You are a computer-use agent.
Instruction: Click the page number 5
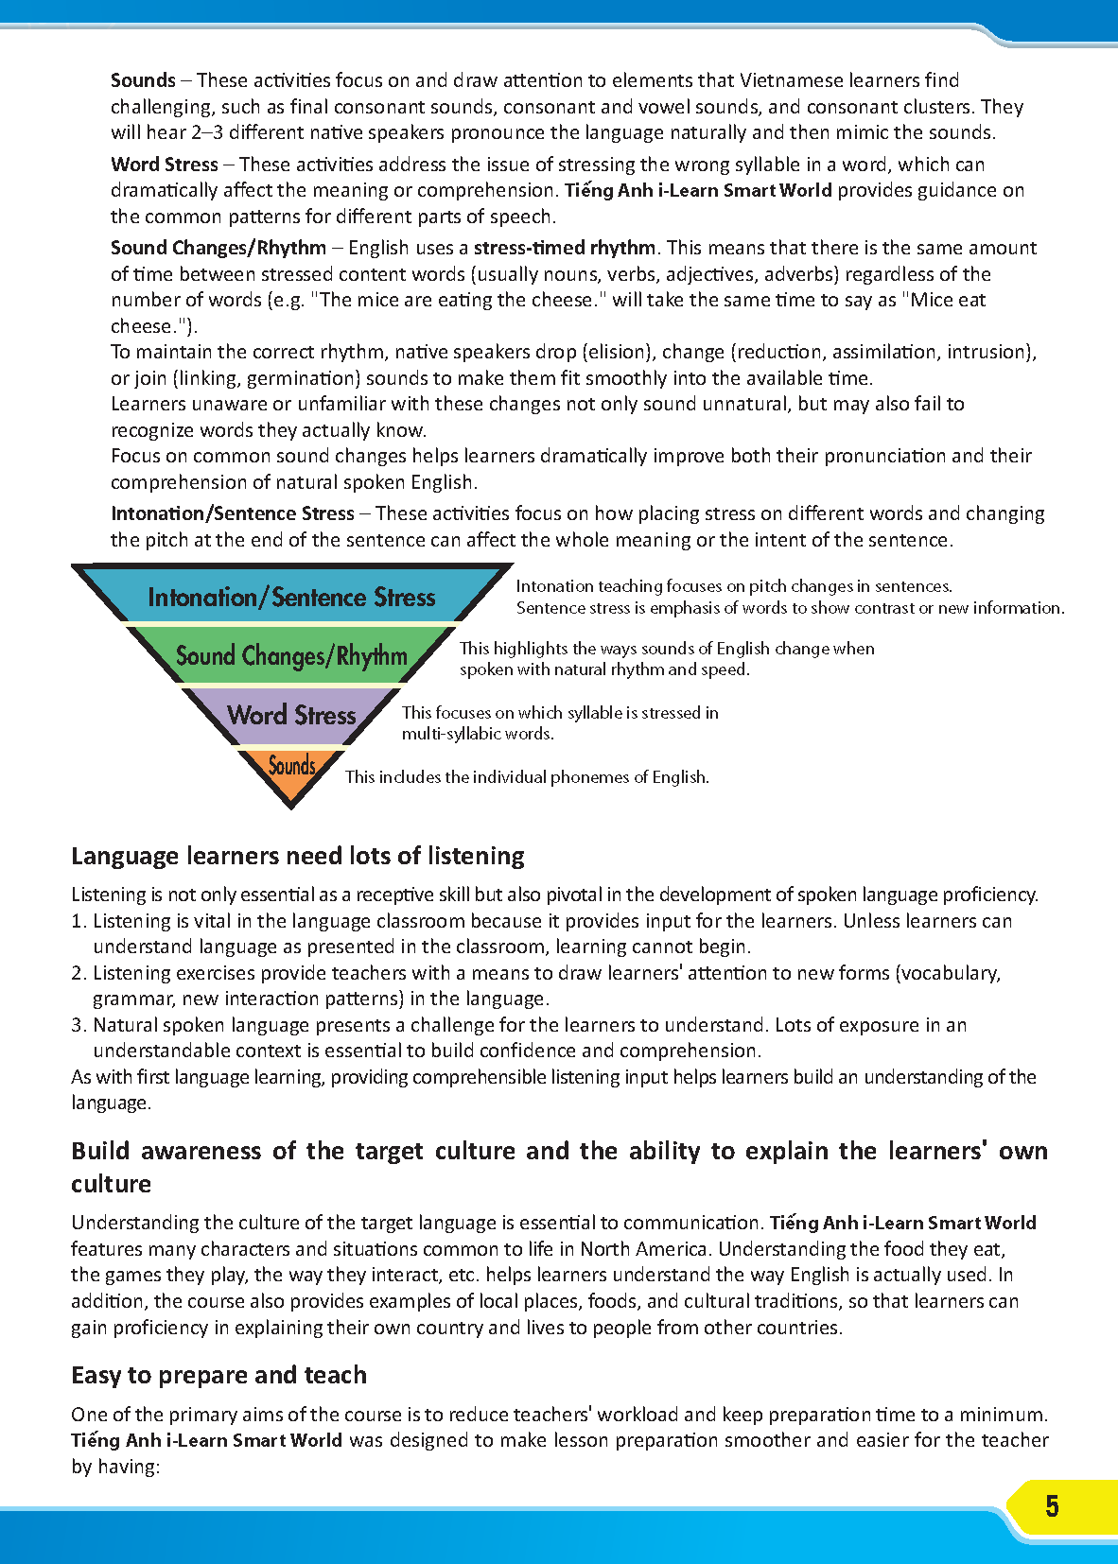click(x=1052, y=1505)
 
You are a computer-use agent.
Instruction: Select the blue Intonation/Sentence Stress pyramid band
click(x=291, y=598)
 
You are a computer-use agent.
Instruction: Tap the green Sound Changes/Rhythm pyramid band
click(x=291, y=656)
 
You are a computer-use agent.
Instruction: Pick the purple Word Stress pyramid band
click(x=291, y=715)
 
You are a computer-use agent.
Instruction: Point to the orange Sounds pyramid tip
click(x=291, y=768)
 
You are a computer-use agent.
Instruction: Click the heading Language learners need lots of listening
click(x=298, y=856)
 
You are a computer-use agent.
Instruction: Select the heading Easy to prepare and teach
click(x=218, y=1375)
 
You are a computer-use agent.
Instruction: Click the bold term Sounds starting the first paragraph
click(x=143, y=80)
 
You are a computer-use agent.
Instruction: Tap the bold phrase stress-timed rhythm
click(x=565, y=248)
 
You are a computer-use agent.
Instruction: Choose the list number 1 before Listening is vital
click(x=78, y=921)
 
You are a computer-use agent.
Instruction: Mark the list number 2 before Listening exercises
click(x=78, y=973)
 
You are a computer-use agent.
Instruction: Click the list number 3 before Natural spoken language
click(x=78, y=1025)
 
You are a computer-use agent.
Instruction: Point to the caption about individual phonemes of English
click(x=527, y=777)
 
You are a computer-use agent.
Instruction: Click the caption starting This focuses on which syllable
click(x=560, y=722)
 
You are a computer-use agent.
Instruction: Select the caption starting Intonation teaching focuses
click(x=790, y=597)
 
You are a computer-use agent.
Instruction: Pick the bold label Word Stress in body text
click(x=165, y=165)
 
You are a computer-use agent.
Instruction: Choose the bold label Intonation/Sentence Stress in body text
click(x=233, y=513)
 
